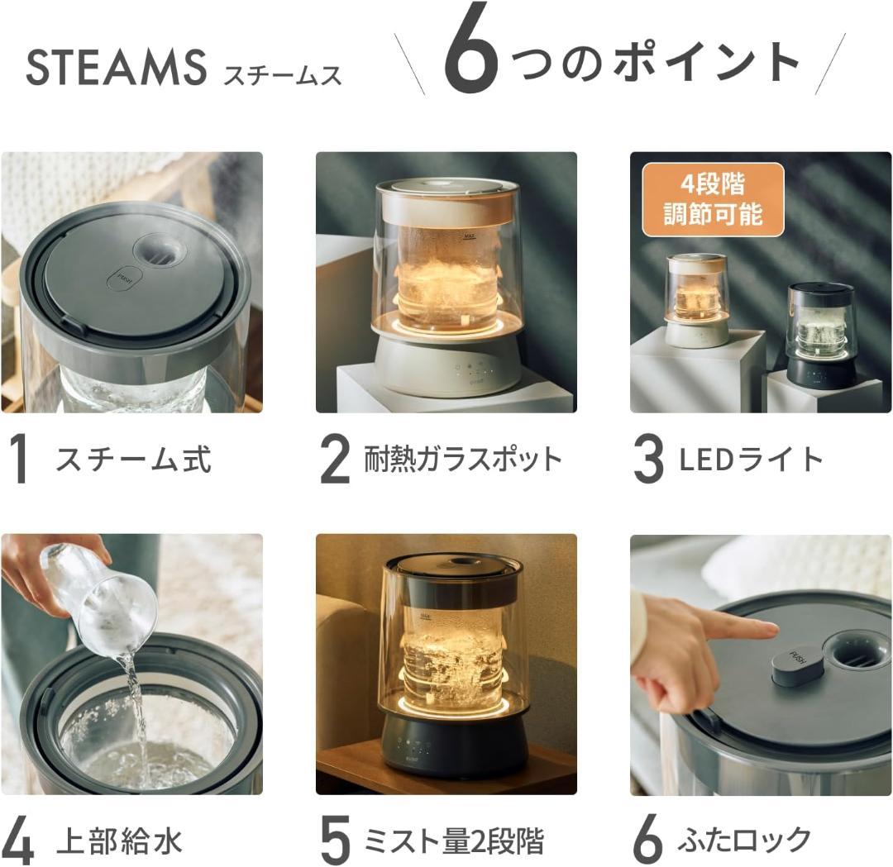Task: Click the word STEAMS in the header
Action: [x=115, y=68]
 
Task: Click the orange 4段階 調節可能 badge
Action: [x=713, y=200]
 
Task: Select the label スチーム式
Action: [x=133, y=460]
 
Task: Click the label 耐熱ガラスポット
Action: [x=462, y=460]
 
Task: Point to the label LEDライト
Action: [x=751, y=460]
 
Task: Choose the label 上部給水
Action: [x=119, y=841]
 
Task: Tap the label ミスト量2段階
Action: [x=454, y=841]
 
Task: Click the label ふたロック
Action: [x=744, y=841]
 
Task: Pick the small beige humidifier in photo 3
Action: [x=698, y=300]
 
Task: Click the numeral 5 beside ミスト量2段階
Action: [x=336, y=841]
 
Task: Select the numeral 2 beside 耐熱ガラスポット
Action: [x=335, y=460]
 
